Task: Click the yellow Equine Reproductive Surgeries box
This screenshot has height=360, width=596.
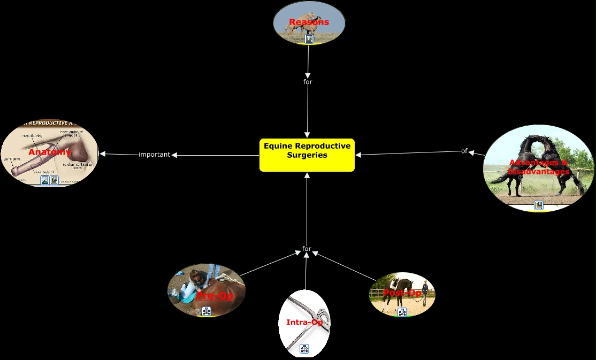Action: pos(307,155)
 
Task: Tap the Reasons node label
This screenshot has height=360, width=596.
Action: pos(309,22)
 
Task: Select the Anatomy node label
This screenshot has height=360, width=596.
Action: pos(50,152)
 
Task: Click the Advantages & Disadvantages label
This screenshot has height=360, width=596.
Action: pos(538,167)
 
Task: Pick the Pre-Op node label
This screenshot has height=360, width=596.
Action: pos(214,295)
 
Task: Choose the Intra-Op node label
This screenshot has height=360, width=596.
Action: pos(304,322)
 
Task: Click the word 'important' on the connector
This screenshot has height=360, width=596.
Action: pos(154,155)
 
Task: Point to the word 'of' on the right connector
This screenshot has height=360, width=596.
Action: pos(464,151)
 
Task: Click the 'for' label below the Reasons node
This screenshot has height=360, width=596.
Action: pos(308,82)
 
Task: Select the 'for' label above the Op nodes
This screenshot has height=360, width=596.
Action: pos(307,249)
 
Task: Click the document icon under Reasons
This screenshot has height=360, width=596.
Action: pos(309,39)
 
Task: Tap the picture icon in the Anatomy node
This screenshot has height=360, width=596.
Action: pos(45,180)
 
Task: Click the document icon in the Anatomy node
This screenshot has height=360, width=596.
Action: pos(54,180)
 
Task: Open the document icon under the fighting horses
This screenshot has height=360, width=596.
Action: pos(538,205)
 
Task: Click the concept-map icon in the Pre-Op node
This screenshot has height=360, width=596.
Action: pos(207,311)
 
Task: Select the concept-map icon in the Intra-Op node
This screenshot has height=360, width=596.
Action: pos(304,349)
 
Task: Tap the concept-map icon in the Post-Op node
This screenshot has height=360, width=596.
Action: pos(402,312)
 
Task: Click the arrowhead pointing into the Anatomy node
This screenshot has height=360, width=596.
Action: pos(103,154)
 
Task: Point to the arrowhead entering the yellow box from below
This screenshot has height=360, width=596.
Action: pos(307,175)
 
